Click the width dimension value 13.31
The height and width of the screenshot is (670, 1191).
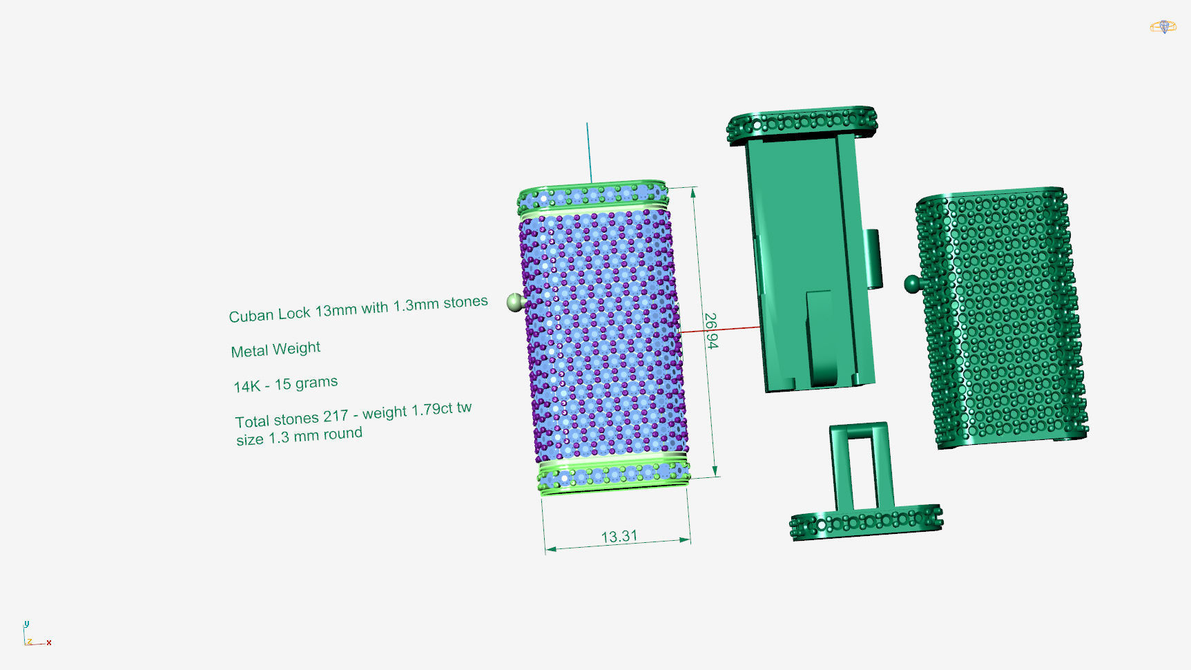pyautogui.click(x=619, y=537)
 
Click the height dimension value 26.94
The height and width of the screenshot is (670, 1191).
pyautogui.click(x=710, y=331)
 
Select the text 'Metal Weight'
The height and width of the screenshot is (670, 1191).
pyautogui.click(x=275, y=350)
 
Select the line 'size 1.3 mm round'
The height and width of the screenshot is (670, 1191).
pyautogui.click(x=299, y=437)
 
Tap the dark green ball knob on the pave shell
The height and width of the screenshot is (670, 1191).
pyautogui.click(x=912, y=283)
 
